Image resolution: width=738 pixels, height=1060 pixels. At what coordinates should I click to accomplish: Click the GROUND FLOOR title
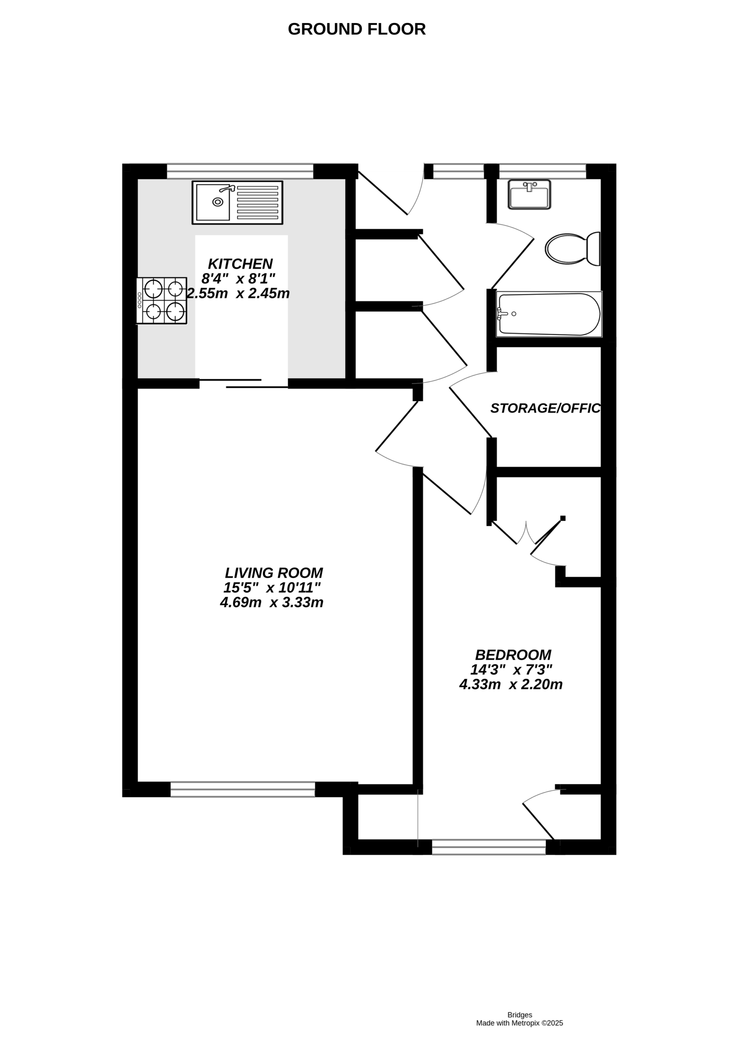click(x=357, y=29)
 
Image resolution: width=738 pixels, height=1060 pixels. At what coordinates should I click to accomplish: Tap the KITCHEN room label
click(x=240, y=264)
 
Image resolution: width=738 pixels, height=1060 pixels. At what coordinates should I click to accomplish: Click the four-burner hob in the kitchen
click(x=162, y=300)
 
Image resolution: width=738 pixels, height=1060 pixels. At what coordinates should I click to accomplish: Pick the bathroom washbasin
click(x=529, y=194)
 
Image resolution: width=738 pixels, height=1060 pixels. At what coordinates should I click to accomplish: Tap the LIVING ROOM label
click(x=274, y=573)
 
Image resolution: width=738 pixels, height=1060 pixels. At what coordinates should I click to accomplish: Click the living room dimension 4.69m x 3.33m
click(x=271, y=602)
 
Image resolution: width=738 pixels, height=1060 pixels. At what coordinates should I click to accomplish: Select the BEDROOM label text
click(x=513, y=655)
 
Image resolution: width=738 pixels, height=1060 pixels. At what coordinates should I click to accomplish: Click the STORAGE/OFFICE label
click(x=545, y=408)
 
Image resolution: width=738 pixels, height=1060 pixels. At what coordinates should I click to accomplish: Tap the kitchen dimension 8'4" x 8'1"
click(x=238, y=279)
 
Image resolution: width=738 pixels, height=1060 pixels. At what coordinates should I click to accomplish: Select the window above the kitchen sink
click(x=240, y=171)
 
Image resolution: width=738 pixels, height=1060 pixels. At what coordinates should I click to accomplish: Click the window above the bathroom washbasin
click(x=543, y=171)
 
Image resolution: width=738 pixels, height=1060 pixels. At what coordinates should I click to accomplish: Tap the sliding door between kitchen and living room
click(x=243, y=383)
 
